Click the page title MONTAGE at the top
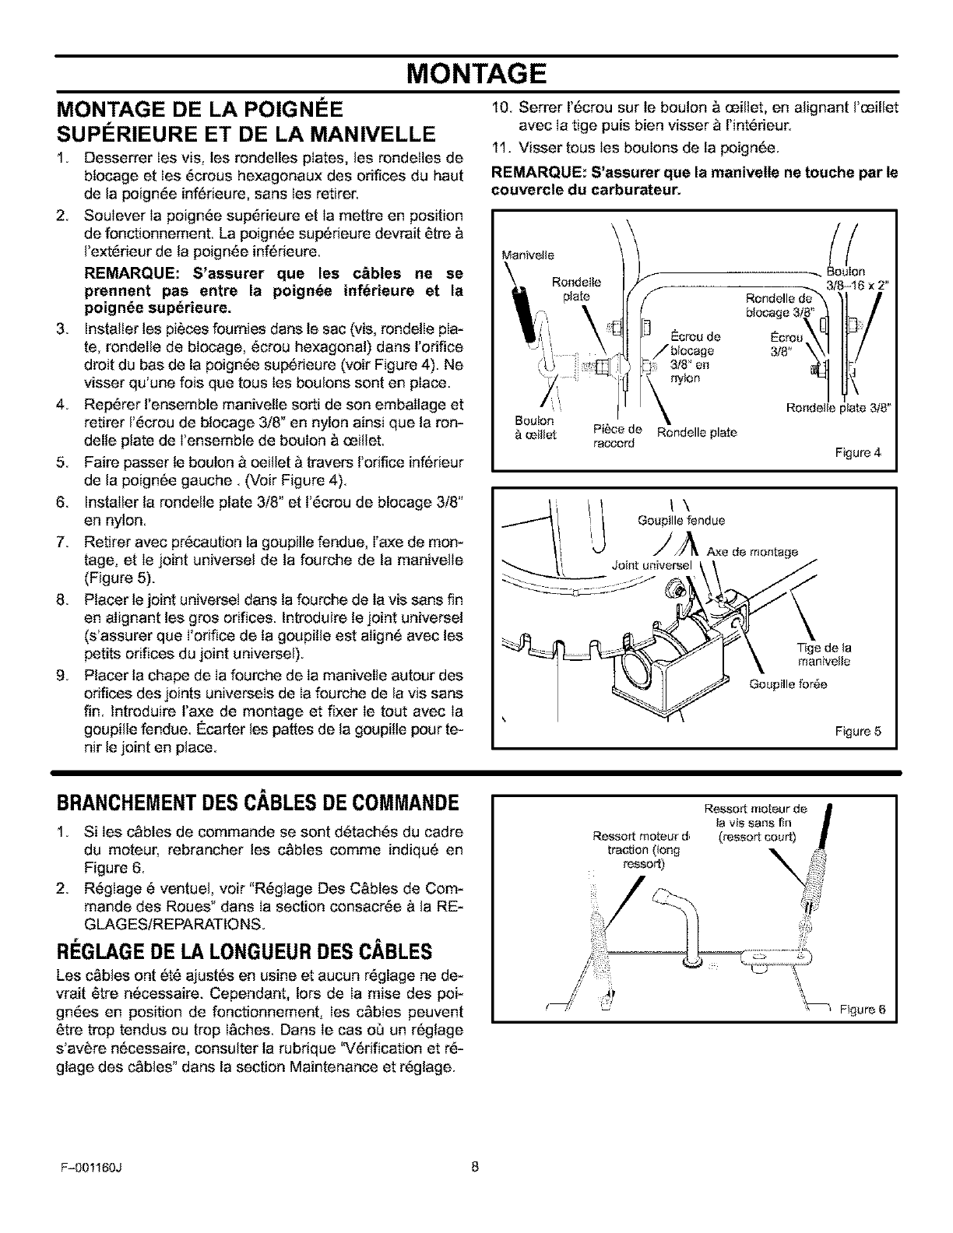(x=476, y=74)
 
